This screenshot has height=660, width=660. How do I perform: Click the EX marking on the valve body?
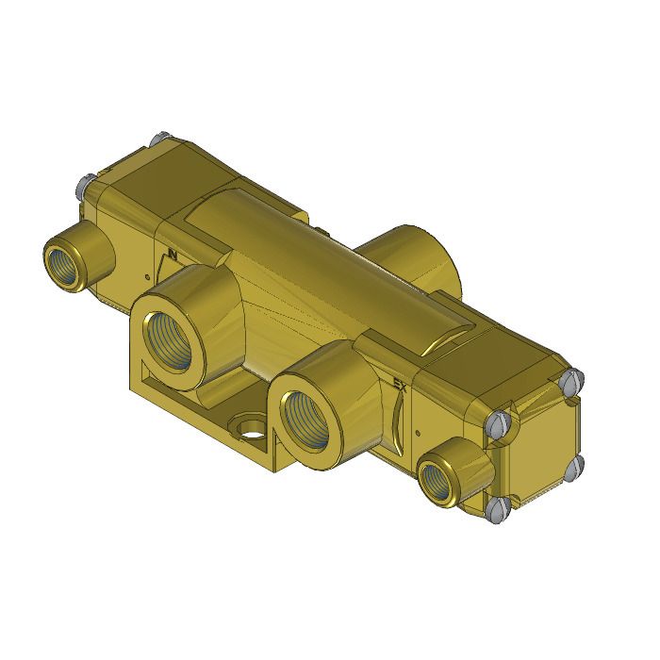400,385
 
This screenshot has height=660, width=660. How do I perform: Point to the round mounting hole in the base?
252,430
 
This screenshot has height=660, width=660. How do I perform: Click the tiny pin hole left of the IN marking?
147,276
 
